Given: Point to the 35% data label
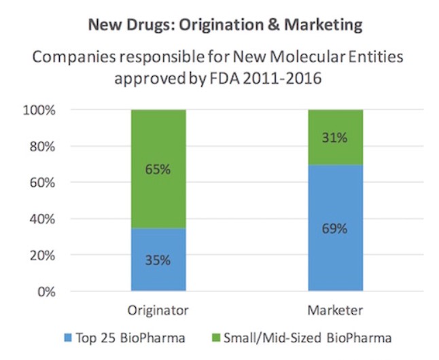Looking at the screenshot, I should pyautogui.click(x=157, y=260).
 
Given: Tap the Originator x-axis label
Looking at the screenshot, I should pyautogui.click(x=157, y=311).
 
